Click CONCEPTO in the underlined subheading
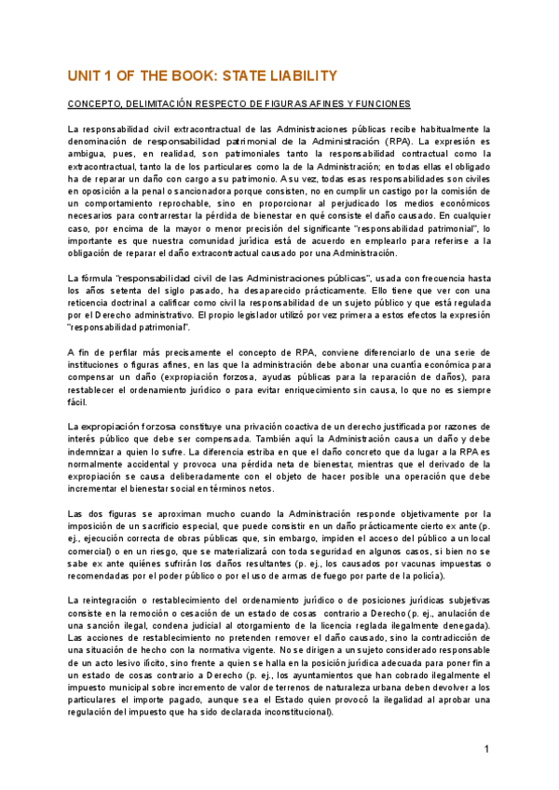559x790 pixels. tap(97, 103)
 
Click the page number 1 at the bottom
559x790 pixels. tap(486, 749)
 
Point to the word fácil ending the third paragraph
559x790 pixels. tap(77, 402)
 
